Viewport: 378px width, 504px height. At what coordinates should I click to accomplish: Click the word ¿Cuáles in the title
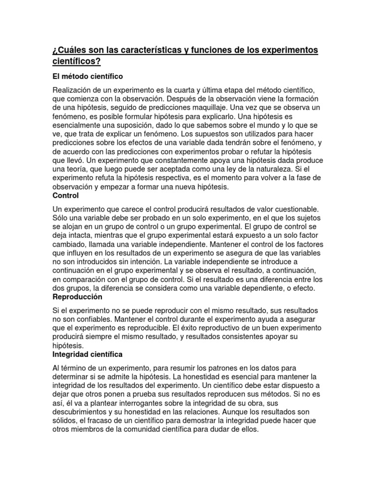[x=68, y=51]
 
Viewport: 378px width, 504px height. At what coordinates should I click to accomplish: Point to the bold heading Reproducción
[x=77, y=297]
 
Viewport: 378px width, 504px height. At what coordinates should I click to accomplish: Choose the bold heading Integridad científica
[x=88, y=354]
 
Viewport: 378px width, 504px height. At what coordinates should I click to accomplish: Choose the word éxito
[x=210, y=328]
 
